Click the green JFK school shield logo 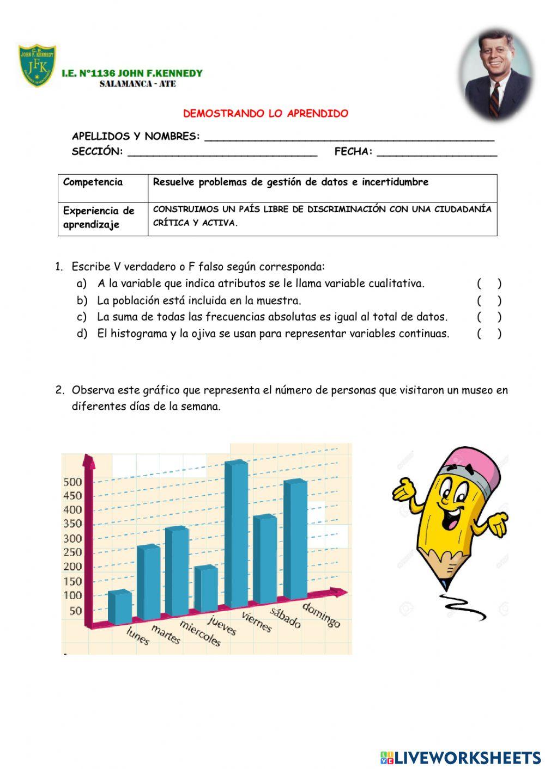pyautogui.click(x=37, y=66)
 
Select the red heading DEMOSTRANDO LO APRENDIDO pyautogui.click(x=265, y=114)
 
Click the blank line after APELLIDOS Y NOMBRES pyautogui.click(x=349, y=137)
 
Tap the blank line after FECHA pyautogui.click(x=437, y=152)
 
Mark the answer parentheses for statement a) pyautogui.click(x=489, y=284)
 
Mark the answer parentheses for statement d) pyautogui.click(x=489, y=334)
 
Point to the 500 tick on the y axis pyautogui.click(x=72, y=482)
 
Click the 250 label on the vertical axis pyautogui.click(x=72, y=552)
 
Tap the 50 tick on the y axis pyautogui.click(x=76, y=610)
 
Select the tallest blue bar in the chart pyautogui.click(x=237, y=533)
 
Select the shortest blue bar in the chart pyautogui.click(x=119, y=607)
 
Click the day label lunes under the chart pyautogui.click(x=137, y=636)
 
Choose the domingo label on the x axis pyautogui.click(x=321, y=614)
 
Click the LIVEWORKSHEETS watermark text pyautogui.click(x=467, y=757)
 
